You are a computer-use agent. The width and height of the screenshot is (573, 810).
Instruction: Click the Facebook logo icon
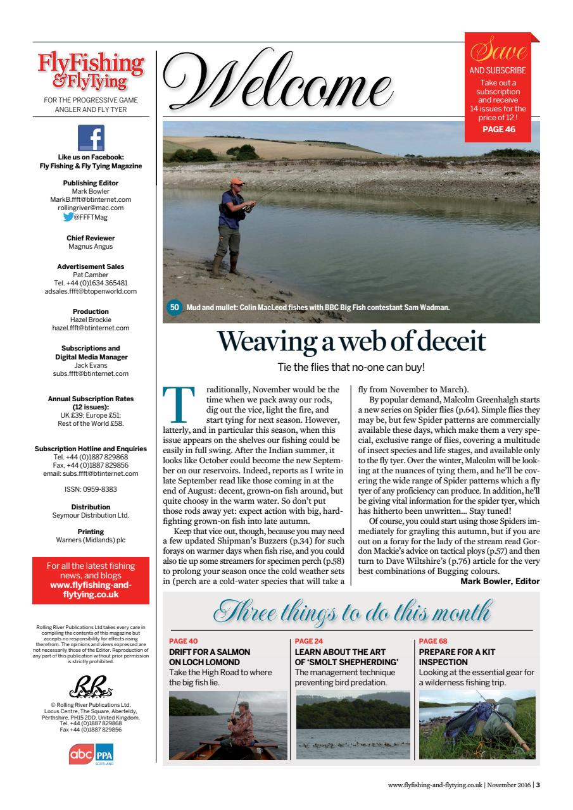point(91,138)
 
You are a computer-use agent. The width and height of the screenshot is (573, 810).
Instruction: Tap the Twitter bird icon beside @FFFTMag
point(66,216)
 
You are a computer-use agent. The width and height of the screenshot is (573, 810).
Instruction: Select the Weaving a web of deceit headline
point(351,342)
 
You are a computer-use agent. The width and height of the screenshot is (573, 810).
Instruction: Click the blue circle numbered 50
point(175,308)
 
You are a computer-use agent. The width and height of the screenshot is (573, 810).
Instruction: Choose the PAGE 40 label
point(184,641)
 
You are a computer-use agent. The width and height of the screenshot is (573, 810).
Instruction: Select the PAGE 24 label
point(309,641)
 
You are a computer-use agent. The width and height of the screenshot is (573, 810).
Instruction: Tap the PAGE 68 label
point(433,641)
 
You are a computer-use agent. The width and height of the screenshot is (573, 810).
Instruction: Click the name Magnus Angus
point(91,246)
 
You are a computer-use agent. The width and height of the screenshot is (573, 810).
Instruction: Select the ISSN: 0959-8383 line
point(91,489)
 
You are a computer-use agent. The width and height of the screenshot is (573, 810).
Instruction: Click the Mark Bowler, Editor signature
point(500,581)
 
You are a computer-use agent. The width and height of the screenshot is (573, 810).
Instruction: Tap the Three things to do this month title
point(351,613)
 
